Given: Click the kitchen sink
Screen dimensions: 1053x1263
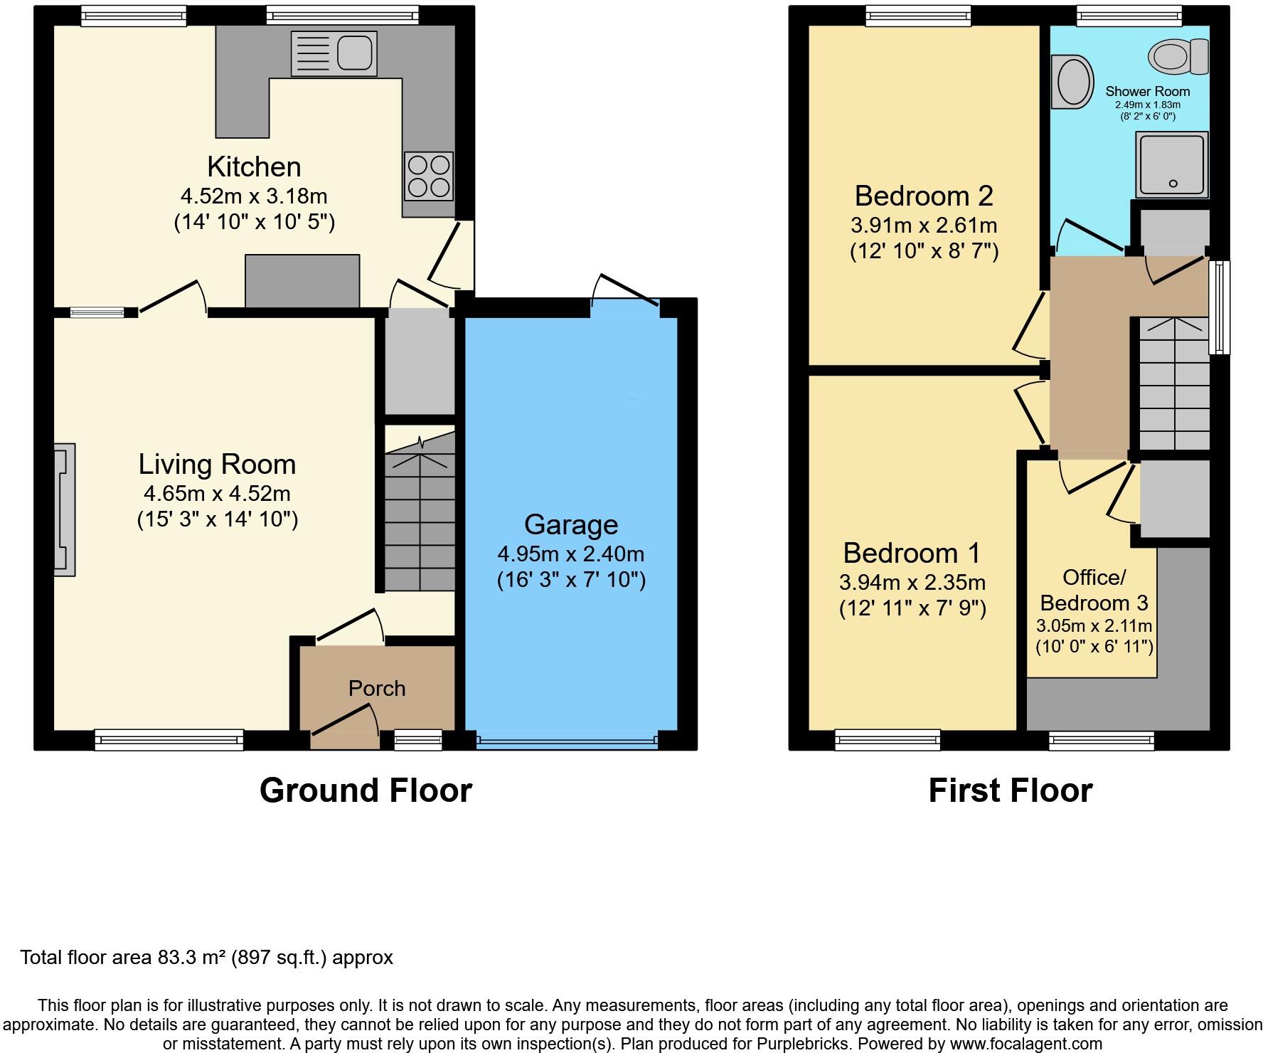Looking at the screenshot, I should tap(334, 53).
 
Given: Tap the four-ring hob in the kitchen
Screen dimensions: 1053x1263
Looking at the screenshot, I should tap(429, 176).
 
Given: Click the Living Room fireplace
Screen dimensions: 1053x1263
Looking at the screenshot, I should tap(64, 509).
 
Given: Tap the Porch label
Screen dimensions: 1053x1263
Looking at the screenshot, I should tap(377, 688).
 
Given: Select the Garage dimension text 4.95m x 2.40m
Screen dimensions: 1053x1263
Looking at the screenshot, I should tap(571, 554).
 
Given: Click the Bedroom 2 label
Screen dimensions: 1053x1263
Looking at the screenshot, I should tap(924, 195).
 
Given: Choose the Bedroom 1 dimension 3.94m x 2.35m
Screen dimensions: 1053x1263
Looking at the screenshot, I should tap(912, 583).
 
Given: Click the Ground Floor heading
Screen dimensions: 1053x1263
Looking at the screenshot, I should tap(366, 790).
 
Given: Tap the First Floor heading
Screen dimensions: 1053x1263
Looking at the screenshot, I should tap(1010, 790).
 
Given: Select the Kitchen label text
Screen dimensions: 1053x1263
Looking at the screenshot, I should tap(254, 166).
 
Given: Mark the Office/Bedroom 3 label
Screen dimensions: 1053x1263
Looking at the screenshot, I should tap(1094, 590).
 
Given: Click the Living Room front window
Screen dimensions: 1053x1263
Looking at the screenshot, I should tap(169, 740).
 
